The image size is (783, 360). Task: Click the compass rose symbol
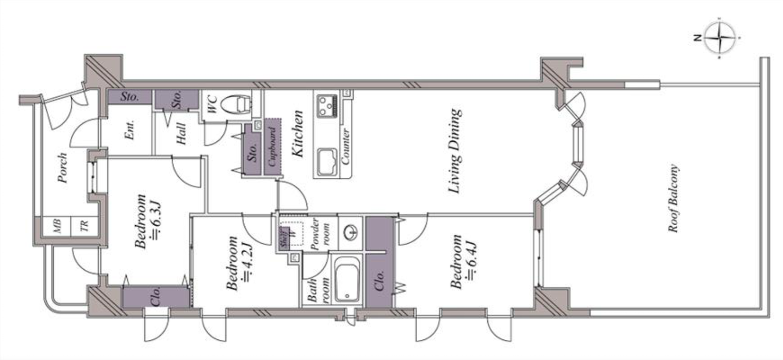pyautogui.click(x=719, y=38)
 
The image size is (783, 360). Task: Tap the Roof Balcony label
pyautogui.click(x=674, y=198)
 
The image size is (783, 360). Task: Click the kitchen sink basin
pyautogui.click(x=327, y=161)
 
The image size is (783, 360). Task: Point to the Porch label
pyautogui.click(x=63, y=168)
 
